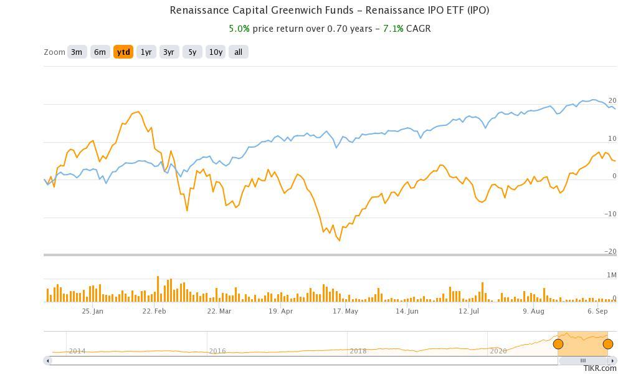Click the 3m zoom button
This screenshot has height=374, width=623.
[x=77, y=52]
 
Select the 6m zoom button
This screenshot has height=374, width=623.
[x=100, y=52]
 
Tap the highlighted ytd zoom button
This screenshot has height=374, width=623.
[x=123, y=52]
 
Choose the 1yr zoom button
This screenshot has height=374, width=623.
[x=146, y=52]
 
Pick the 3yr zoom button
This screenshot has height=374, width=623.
[x=169, y=52]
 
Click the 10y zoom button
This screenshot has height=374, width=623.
[x=216, y=52]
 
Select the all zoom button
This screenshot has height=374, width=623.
[x=238, y=52]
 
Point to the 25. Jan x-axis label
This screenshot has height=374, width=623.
[x=92, y=311]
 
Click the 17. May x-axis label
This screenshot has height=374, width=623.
[x=345, y=311]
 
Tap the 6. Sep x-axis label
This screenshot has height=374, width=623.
[x=597, y=311]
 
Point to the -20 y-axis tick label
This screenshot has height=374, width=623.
[x=612, y=252]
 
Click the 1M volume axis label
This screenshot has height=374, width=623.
[x=612, y=275]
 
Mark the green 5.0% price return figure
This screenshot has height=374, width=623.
[x=239, y=29]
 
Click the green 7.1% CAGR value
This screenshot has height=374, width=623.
[x=393, y=29]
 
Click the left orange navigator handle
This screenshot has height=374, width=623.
[x=558, y=344]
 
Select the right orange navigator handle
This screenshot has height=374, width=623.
[x=608, y=344]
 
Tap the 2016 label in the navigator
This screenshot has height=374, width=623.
[x=217, y=351]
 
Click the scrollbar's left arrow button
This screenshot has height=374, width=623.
[x=48, y=360]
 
